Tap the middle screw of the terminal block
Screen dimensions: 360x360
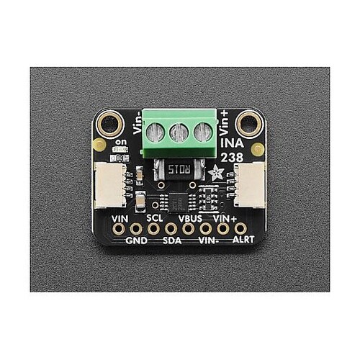click(x=179, y=132)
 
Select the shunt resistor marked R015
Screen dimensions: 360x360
click(x=179, y=170)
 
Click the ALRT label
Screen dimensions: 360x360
click(x=243, y=239)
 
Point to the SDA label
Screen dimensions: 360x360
click(x=172, y=240)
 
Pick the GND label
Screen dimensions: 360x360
click(x=137, y=240)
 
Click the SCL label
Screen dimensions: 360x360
click(x=155, y=218)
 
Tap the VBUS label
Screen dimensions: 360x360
click(x=190, y=219)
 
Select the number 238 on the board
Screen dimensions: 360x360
click(x=232, y=158)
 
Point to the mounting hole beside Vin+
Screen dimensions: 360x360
click(x=249, y=124)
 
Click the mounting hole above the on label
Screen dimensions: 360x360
click(x=110, y=124)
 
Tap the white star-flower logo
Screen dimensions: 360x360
click(x=216, y=173)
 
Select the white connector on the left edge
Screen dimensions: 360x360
click(x=110, y=185)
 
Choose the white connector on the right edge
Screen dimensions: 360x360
click(x=250, y=185)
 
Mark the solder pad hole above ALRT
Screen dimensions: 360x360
click(x=240, y=229)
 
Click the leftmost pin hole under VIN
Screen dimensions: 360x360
click(x=118, y=229)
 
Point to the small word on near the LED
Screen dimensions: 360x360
click(x=121, y=142)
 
